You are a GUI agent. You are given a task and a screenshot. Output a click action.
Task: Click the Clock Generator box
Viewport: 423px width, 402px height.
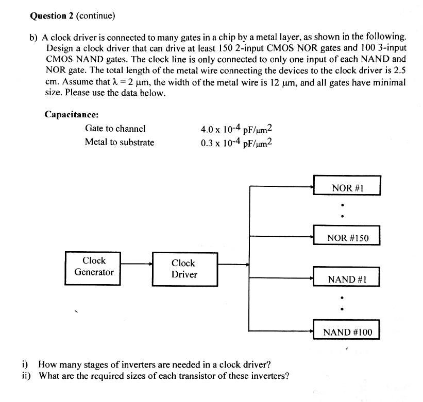click(x=93, y=266)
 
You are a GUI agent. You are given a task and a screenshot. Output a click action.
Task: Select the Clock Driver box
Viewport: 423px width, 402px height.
click(x=184, y=269)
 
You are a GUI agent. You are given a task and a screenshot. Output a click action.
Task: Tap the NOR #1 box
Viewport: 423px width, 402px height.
click(x=347, y=186)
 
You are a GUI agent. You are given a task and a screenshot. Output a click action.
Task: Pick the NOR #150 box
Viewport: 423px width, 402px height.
click(x=347, y=237)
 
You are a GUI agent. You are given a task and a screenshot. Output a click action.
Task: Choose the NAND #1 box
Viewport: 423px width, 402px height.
click(x=347, y=279)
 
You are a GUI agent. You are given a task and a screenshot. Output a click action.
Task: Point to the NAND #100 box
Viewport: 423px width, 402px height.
click(x=347, y=331)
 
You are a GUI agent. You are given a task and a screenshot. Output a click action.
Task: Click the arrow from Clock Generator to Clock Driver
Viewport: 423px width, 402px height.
click(x=137, y=264)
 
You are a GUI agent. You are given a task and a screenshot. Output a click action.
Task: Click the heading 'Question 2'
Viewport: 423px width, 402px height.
click(x=52, y=16)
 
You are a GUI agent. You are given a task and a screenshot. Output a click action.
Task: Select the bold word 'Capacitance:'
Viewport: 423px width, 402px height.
click(x=72, y=114)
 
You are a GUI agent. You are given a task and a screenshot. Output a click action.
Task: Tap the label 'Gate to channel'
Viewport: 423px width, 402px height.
click(x=115, y=129)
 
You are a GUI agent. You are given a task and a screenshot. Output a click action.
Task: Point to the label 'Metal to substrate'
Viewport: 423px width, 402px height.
click(x=120, y=142)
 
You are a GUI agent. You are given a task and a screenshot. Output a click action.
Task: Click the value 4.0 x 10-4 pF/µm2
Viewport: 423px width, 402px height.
click(x=236, y=129)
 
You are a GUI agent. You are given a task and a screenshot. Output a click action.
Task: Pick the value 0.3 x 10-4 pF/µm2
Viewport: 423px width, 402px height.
click(x=236, y=143)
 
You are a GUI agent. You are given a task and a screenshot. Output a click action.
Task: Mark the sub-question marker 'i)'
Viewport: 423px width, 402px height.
click(x=26, y=365)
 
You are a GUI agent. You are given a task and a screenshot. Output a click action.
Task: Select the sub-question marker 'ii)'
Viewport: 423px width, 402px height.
click(x=27, y=375)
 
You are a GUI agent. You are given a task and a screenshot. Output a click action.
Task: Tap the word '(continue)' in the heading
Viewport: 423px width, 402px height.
click(x=95, y=16)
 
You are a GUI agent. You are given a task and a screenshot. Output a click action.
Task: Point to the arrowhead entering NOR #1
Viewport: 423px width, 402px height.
click(x=312, y=187)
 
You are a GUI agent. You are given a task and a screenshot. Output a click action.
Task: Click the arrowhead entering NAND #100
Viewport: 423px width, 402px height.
click(x=312, y=330)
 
